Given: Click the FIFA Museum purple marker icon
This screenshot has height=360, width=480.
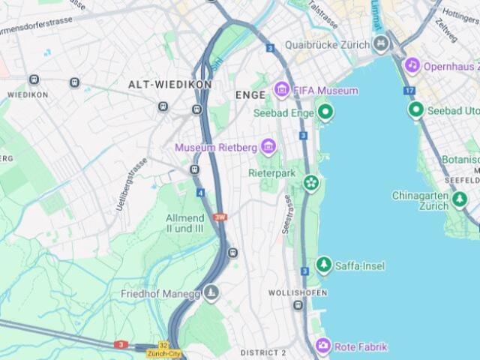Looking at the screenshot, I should click(x=282, y=91).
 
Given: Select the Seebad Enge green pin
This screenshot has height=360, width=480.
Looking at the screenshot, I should click(x=325, y=112).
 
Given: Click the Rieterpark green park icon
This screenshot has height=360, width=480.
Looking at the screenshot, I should click(x=310, y=182).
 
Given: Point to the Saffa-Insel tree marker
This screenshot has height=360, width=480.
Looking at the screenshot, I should click(x=324, y=265).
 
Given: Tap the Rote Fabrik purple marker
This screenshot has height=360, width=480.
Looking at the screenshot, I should click(x=323, y=346).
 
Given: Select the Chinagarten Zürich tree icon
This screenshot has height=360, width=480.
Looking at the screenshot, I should click(x=460, y=200).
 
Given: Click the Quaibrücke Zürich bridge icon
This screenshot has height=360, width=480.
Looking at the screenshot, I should click(x=382, y=43).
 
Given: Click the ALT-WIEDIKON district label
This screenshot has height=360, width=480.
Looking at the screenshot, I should click(x=169, y=85).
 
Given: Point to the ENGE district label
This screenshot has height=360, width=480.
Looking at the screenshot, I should click(x=250, y=95).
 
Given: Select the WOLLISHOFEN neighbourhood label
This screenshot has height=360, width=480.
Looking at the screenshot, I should click(x=295, y=292).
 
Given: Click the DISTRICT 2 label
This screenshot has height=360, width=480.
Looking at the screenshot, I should click(x=263, y=352).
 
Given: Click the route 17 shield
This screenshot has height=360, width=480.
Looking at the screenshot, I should click(x=409, y=91).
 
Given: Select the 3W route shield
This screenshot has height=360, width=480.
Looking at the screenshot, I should click(x=219, y=217).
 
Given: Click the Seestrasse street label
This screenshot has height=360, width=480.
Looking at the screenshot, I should click(x=286, y=214).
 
